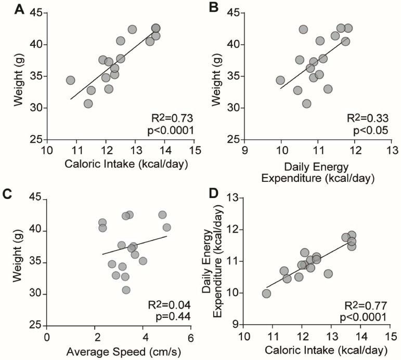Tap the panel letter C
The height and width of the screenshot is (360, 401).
[x=7, y=193]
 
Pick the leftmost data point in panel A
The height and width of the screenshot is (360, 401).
[x=71, y=80]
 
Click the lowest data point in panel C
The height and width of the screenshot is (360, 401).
[x=126, y=290]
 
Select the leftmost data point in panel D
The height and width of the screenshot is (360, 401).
[x=266, y=294]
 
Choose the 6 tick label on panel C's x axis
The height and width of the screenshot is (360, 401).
[x=190, y=337]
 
